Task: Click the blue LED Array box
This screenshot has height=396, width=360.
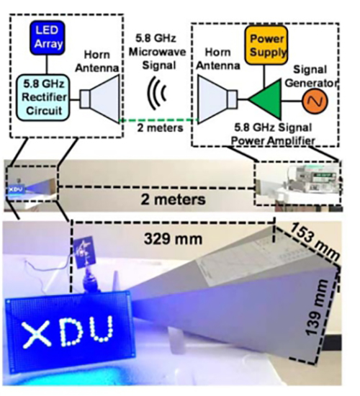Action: pos(47,37)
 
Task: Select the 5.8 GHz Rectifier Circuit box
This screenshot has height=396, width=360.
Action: pos(43,97)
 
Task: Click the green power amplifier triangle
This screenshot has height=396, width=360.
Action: pos(264,99)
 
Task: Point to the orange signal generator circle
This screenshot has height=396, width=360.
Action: pos(315,101)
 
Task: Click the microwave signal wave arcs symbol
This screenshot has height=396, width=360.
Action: pos(157,93)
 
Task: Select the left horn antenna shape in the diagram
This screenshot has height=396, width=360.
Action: pos(99,99)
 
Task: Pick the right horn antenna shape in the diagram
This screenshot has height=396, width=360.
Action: pos(217,99)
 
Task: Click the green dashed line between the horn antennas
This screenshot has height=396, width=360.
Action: pos(158,120)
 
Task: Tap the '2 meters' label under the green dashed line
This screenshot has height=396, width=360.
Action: pos(160,127)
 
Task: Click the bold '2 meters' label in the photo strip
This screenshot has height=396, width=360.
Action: pos(173,199)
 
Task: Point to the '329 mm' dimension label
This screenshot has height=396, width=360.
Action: pos(173,239)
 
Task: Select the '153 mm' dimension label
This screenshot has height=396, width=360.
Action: pos(314,242)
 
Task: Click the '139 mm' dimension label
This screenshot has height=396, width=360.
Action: pos(316,307)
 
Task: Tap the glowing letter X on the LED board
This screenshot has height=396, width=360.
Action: pos(37,335)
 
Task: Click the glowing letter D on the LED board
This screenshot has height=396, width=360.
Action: pos(71,332)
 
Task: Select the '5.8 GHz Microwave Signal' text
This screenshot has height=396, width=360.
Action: pos(158,52)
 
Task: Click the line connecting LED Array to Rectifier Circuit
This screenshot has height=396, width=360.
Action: pos(47,65)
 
